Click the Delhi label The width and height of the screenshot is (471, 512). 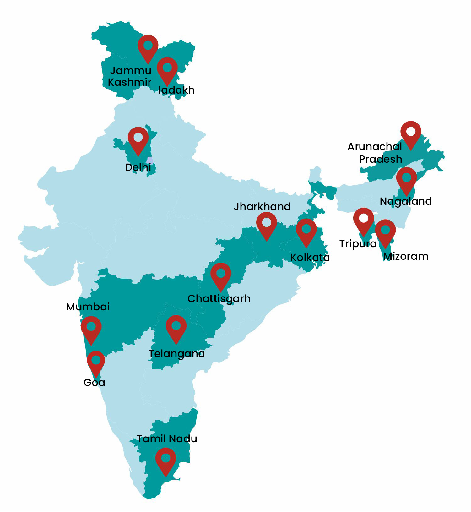[x=138, y=167]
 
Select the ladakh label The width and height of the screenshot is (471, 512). [x=176, y=90]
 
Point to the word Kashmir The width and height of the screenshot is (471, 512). [x=130, y=82]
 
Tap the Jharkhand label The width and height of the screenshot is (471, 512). [x=262, y=207]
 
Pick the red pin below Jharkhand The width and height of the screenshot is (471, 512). [x=266, y=224]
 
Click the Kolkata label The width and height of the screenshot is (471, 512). [x=310, y=258]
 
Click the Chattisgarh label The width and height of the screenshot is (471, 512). [x=219, y=299]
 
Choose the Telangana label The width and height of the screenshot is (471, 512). [x=177, y=354]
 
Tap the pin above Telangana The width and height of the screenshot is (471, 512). [x=176, y=327]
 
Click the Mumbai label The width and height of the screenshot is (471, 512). [x=88, y=307]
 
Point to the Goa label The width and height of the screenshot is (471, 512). [x=94, y=383]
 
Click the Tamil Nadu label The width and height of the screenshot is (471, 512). [x=167, y=439]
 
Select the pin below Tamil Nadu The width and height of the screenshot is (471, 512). [x=165, y=460]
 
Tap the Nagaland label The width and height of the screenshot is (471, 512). [x=406, y=201]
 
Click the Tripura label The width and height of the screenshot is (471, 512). [x=358, y=244]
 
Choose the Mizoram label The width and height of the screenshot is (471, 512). [x=406, y=256]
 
